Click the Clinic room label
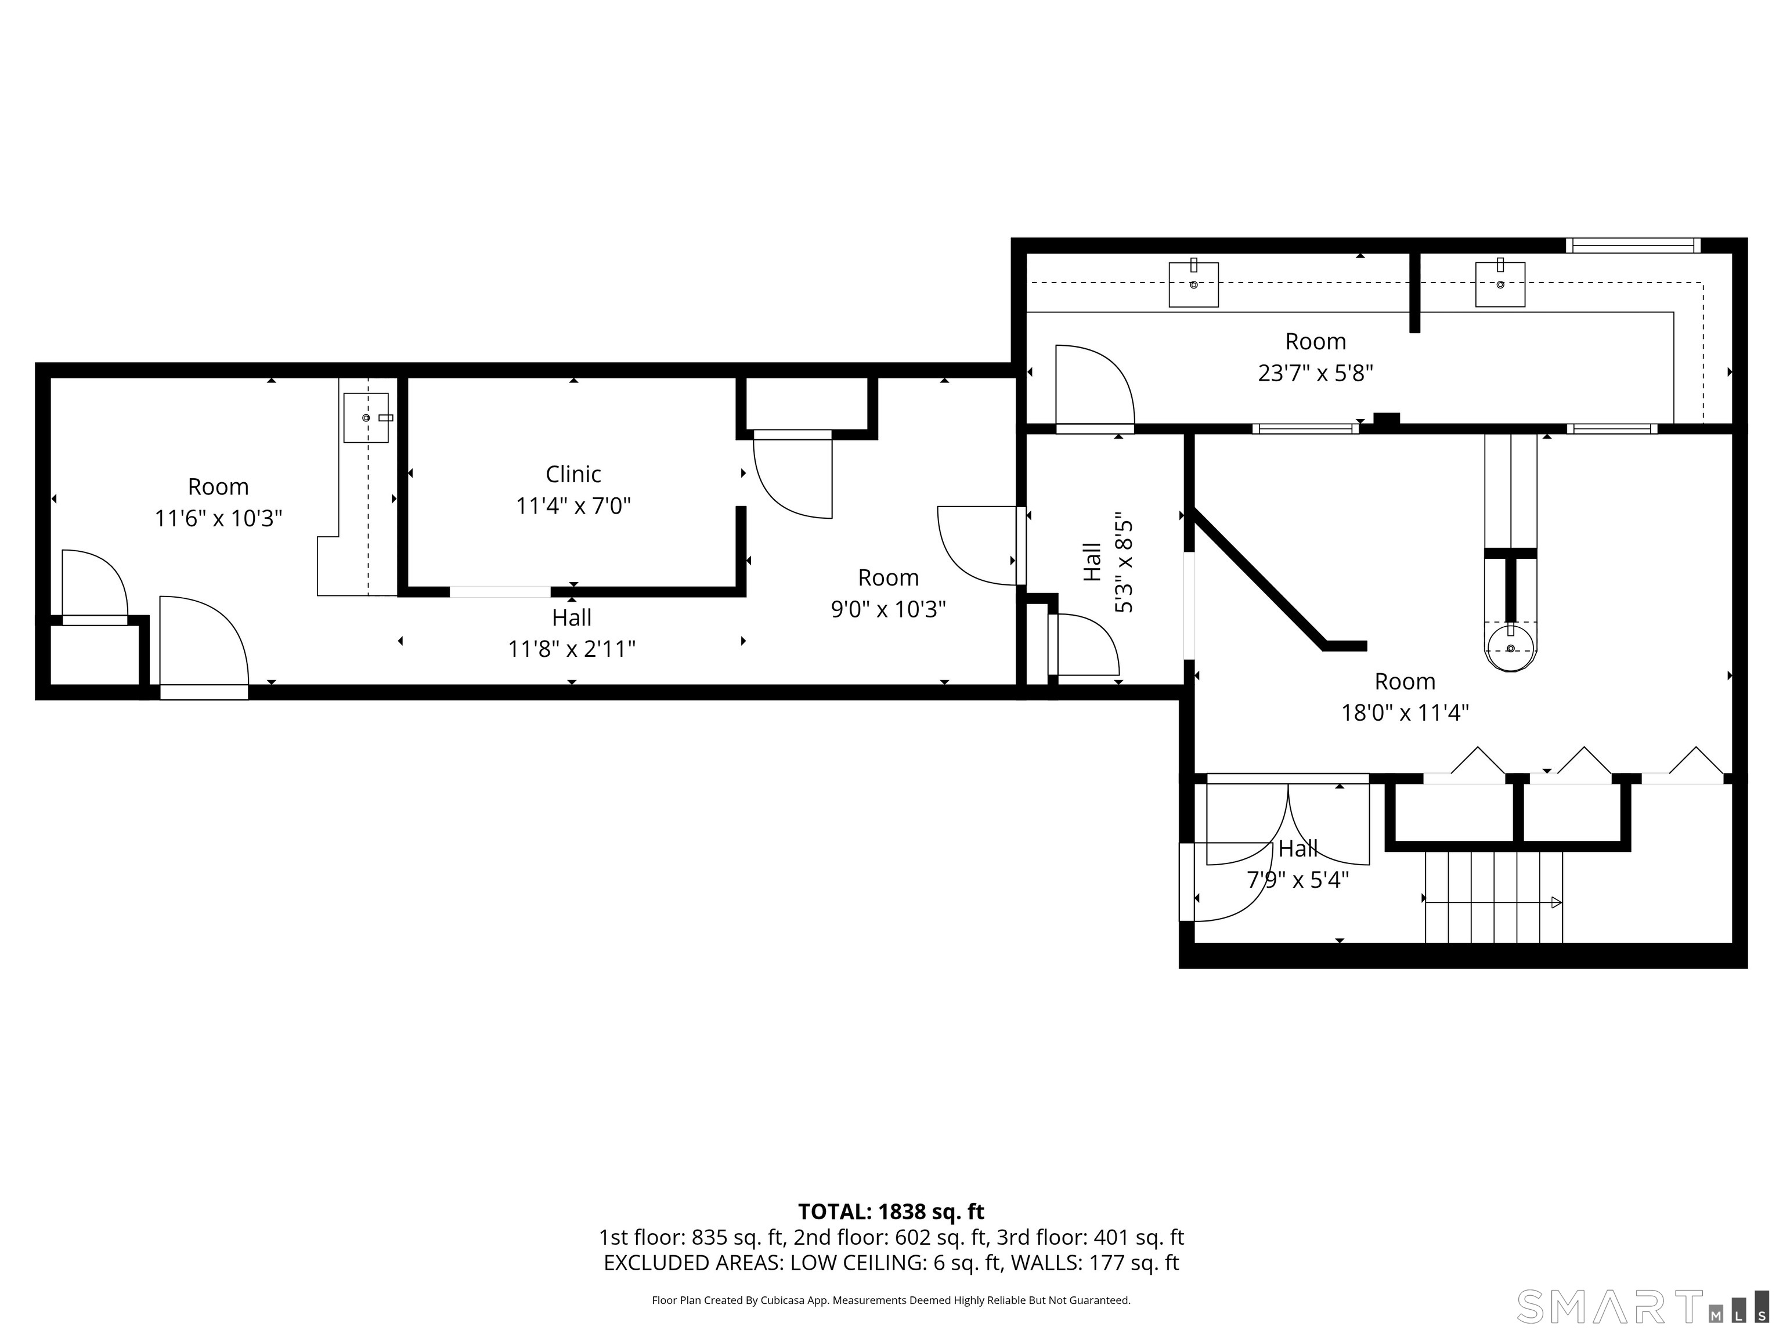point(573,474)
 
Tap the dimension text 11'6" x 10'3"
point(218,518)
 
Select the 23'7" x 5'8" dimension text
point(1316,373)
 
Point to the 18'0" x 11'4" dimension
point(1405,713)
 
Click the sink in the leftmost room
point(366,417)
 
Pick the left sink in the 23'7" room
point(1194,284)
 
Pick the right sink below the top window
point(1500,284)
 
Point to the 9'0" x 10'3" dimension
point(888,609)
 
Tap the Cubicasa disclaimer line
point(891,1300)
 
